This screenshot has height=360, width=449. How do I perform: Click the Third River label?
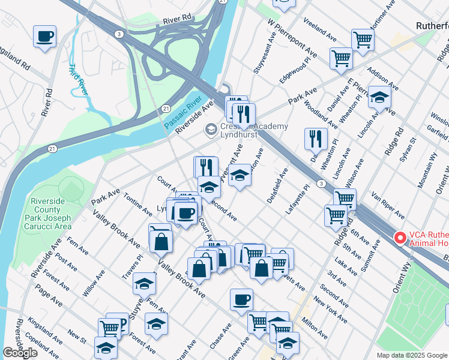click(x=78, y=79)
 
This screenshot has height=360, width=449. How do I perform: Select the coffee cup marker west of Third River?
click(x=44, y=37)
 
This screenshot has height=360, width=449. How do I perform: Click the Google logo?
click(x=20, y=353)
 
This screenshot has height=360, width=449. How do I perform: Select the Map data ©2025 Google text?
click(x=411, y=355)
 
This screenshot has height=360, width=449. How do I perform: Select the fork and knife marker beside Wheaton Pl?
click(x=316, y=139)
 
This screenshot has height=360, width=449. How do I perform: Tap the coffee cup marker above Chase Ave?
click(x=241, y=299)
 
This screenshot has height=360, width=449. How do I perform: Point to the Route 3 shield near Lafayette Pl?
click(x=322, y=183)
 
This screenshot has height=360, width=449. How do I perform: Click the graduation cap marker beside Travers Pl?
click(x=144, y=283)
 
